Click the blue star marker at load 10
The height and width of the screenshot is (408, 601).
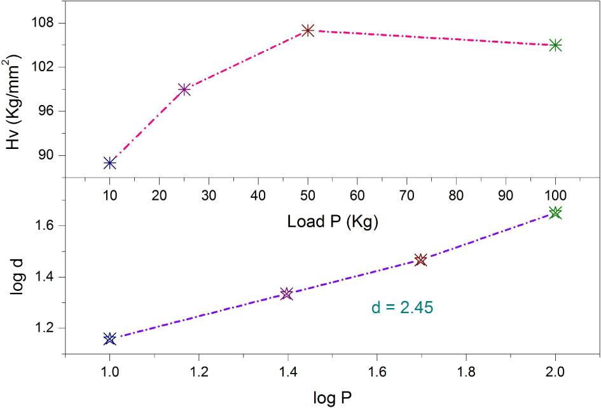click(x=109, y=163)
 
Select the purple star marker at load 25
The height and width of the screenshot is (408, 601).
click(x=184, y=90)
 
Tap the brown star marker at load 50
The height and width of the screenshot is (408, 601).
click(x=308, y=30)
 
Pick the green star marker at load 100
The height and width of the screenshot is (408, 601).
click(x=555, y=45)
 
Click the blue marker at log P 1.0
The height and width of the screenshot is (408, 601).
click(x=109, y=339)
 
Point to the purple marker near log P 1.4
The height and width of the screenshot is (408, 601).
click(x=287, y=293)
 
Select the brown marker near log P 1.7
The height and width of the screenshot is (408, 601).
click(x=420, y=260)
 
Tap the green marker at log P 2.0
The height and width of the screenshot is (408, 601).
click(x=555, y=213)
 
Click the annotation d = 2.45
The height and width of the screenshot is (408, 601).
click(x=402, y=308)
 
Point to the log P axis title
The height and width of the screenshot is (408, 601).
click(x=332, y=398)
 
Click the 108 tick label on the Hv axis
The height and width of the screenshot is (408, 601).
click(x=45, y=24)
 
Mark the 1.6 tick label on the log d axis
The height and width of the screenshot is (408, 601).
click(x=45, y=226)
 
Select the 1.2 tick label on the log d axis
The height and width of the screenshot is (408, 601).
click(x=45, y=328)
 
